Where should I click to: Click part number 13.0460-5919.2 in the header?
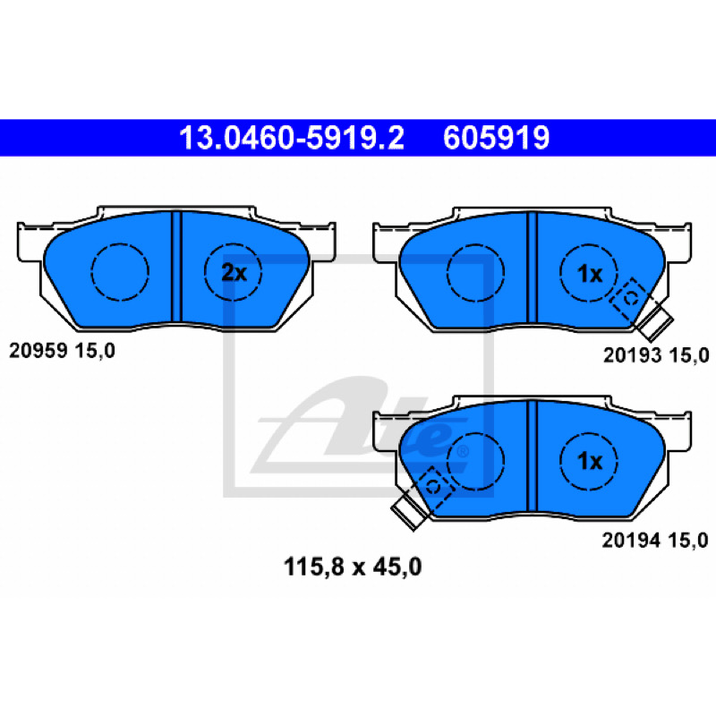tap(292, 138)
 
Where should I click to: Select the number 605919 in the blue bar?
tap(496, 138)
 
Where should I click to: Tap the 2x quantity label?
tap(234, 273)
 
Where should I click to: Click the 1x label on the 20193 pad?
tap(590, 274)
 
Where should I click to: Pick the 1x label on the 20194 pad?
tap(590, 461)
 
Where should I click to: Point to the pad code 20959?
tap(38, 351)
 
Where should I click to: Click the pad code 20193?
tap(633, 354)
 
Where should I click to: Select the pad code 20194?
tap(631, 541)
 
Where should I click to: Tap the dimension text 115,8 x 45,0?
tap(353, 567)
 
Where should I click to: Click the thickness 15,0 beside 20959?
tap(95, 351)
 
